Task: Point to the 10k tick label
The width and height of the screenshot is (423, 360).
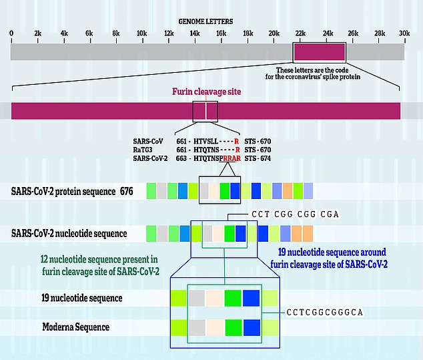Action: (141, 33)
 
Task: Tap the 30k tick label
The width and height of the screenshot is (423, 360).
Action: (404, 33)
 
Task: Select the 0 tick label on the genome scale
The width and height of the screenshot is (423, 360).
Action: (11, 33)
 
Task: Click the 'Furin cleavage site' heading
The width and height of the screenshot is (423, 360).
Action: (206, 92)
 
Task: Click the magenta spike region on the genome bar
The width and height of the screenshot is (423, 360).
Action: (320, 51)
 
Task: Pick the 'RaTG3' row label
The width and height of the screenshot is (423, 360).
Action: (144, 150)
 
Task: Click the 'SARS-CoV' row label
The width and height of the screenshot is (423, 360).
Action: (149, 141)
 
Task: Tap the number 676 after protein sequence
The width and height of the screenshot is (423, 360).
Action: (127, 192)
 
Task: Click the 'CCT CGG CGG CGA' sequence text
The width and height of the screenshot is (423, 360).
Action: (286, 214)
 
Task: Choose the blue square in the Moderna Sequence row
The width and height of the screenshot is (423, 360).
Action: (251, 328)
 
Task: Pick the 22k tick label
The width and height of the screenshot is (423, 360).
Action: (300, 33)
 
